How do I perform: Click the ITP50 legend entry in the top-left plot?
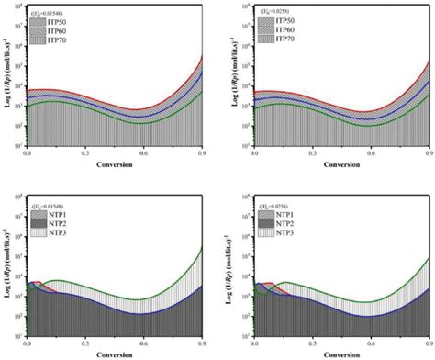coord(58,21)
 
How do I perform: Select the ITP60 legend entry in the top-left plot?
coord(58,29)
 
